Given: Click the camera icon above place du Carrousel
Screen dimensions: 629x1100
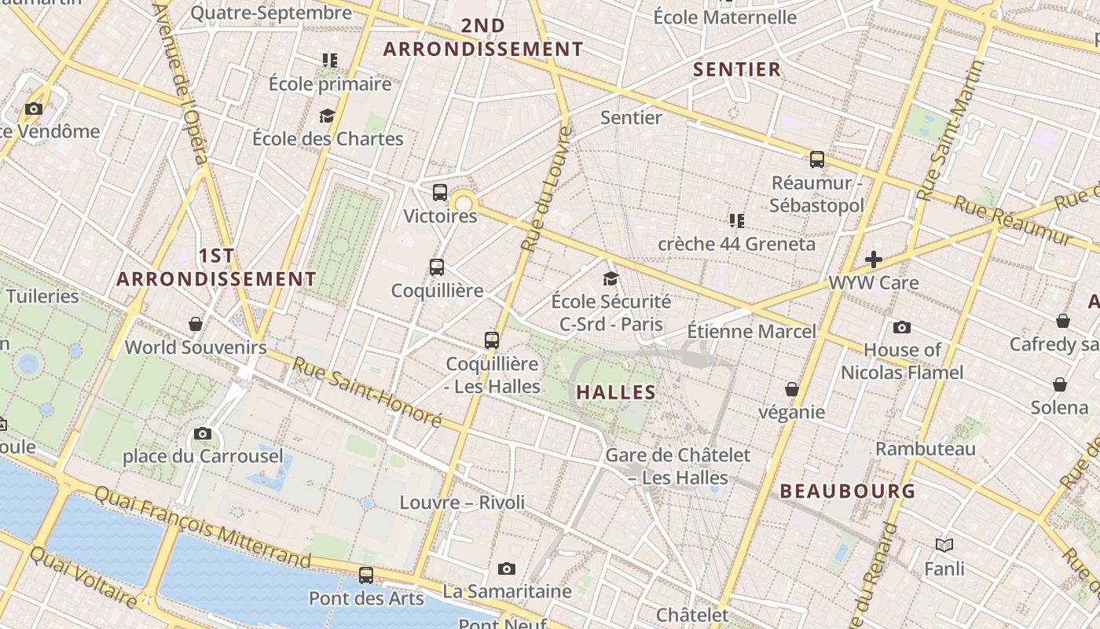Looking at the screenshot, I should pos(203,433).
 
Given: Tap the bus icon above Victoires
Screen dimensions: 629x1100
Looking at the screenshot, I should pos(440,192).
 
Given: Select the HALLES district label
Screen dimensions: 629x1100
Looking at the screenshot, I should pos(616,392).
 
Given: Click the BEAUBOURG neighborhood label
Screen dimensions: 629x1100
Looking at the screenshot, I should pos(848,491).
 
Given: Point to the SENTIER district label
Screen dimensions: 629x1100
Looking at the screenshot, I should pos(737,69).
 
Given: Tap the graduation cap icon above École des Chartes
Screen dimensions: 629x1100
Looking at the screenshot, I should pos(327,116).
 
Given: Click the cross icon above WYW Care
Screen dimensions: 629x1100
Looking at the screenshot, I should pos(873,259).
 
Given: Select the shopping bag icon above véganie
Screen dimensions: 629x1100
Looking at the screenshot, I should pos(792,389).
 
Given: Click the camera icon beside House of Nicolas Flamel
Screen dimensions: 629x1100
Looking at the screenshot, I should pos(902,327).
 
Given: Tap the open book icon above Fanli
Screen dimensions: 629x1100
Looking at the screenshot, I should pos(944,545).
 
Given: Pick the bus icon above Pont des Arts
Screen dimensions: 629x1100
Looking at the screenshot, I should pos(366,575).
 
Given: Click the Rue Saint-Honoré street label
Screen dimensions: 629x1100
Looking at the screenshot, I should pos(368,392).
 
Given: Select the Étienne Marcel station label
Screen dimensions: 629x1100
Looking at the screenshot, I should pos(752,331).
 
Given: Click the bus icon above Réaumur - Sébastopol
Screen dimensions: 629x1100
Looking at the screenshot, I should pos(817,160).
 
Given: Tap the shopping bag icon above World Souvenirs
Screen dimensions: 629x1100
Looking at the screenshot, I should pos(196,324).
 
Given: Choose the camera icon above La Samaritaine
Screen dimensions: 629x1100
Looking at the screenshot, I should pos(507,568).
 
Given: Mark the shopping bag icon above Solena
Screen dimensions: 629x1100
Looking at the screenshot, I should pos(1060,384).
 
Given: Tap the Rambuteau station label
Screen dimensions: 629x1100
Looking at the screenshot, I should pos(926,449).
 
